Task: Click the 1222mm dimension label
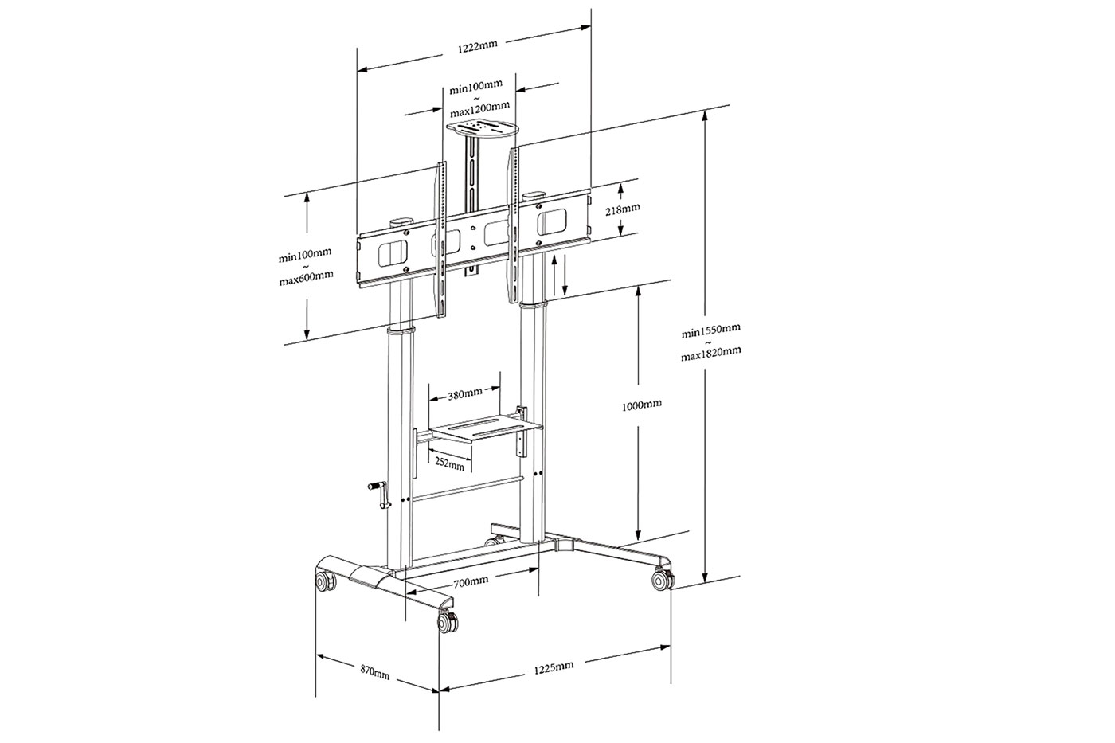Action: [477, 46]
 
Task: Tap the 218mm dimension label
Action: [622, 209]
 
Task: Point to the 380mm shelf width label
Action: [465, 394]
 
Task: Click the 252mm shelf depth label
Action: [449, 463]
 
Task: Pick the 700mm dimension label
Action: [471, 581]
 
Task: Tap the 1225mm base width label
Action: [554, 667]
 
